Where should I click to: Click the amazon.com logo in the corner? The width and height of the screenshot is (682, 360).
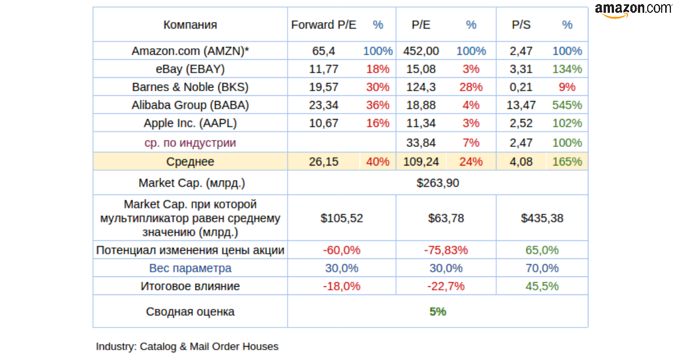point(633,9)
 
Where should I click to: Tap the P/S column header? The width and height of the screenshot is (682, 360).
point(521,24)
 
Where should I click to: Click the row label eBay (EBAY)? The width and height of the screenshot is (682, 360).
point(190,69)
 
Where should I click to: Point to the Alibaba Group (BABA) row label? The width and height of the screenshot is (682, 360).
point(190,105)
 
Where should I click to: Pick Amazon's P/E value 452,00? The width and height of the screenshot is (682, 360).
point(421,51)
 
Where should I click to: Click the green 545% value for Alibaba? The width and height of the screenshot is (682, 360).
point(567,105)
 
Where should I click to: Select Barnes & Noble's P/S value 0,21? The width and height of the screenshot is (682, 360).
point(521,87)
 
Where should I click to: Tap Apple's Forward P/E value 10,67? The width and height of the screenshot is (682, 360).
point(324,123)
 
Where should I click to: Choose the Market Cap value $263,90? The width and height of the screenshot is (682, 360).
point(437,183)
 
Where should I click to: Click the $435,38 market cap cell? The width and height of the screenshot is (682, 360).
point(542,218)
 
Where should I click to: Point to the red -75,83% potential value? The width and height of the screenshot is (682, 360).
point(446,250)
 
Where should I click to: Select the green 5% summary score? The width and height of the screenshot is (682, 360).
point(437,312)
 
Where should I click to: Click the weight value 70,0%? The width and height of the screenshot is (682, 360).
point(542,268)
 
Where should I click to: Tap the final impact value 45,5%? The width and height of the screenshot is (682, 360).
point(542,286)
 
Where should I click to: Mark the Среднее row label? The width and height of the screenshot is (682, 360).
point(190,162)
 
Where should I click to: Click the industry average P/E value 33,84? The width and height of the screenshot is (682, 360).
point(421,143)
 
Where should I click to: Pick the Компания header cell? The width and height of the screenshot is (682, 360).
point(190,24)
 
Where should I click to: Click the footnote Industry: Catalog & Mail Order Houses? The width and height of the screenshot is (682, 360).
point(187,347)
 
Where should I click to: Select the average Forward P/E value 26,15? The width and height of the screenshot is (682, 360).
point(324,162)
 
